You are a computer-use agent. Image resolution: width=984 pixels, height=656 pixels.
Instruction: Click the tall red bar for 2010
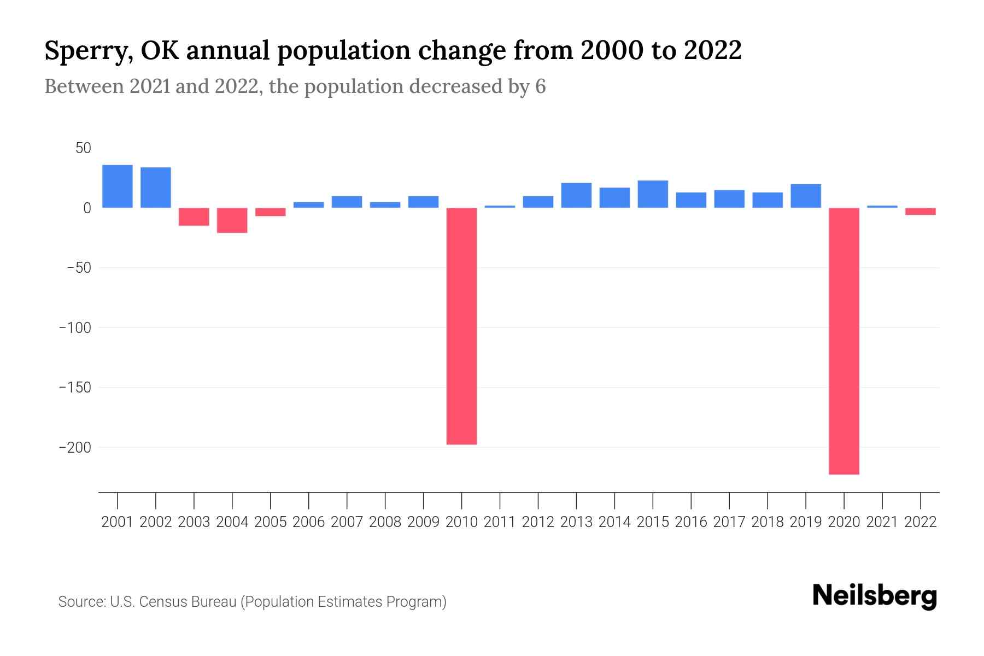[x=461, y=326]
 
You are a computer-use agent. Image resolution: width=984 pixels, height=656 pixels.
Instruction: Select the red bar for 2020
[x=844, y=341]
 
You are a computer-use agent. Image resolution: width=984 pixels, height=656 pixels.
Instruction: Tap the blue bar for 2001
[x=118, y=186]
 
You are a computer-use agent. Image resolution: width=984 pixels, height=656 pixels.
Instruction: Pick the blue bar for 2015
[x=653, y=194]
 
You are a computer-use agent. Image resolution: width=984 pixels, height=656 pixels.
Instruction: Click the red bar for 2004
[x=232, y=220]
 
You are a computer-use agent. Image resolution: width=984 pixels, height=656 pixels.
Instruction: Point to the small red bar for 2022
[x=921, y=212]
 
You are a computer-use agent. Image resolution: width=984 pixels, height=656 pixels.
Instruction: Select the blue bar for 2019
[x=806, y=196]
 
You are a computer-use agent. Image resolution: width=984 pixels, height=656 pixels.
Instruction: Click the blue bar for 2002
[x=156, y=188]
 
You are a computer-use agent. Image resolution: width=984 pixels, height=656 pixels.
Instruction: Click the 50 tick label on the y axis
[x=84, y=148]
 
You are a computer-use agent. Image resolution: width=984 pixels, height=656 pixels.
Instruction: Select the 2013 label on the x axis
[x=576, y=522]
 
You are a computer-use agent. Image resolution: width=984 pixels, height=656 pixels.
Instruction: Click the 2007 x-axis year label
[x=347, y=522]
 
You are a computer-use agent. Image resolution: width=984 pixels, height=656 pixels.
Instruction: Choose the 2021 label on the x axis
[x=882, y=522]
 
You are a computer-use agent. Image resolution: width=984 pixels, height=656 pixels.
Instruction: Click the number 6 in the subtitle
[x=540, y=87]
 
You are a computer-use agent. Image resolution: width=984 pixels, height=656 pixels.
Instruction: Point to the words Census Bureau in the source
[x=189, y=602]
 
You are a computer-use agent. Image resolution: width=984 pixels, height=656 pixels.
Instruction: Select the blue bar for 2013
[x=576, y=195]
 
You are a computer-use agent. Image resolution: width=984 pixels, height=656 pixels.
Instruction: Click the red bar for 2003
[x=194, y=217]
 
